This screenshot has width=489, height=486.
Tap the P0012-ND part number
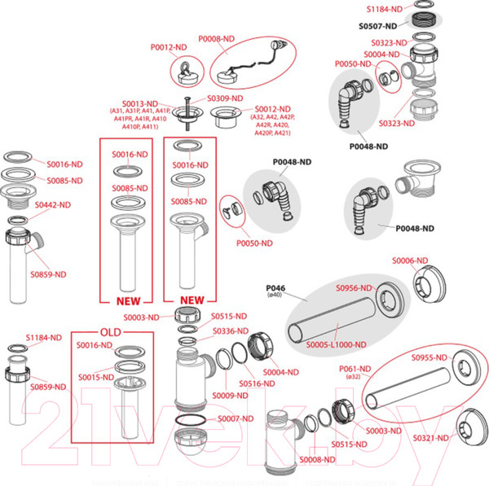click(170, 48)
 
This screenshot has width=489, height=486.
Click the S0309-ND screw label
click(225, 99)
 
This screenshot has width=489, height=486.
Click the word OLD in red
click(110, 334)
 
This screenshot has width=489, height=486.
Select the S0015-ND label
click(95, 377)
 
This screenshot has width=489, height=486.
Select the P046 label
click(278, 288)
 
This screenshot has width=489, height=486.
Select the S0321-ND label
click(430, 437)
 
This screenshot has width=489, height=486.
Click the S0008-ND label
click(317, 460)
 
